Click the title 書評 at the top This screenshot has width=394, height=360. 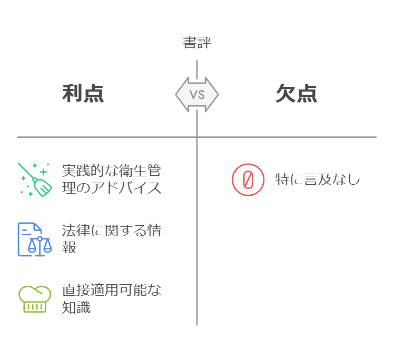tap(196, 43)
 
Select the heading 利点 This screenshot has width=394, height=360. tap(83, 94)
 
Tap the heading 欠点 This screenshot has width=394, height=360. tap(296, 94)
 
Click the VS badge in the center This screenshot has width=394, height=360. tap(197, 94)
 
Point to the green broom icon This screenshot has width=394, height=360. tap(35, 179)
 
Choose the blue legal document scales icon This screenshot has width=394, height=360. tap(35, 239)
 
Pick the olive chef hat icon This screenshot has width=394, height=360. tap(35, 298)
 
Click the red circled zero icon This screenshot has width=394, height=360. tap(248, 179)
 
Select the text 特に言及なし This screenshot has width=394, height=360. tap(317, 179)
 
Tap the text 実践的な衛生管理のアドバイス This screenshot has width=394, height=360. tap(111, 179)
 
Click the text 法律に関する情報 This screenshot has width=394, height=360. tap(111, 239)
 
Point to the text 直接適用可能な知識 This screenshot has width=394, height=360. tap(111, 298)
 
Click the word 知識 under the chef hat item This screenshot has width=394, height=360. tap(76, 307)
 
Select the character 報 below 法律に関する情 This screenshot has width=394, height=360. tap(69, 248)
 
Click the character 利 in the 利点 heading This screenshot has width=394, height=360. tap(72, 94)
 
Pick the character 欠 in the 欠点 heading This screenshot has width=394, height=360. tap(285, 94)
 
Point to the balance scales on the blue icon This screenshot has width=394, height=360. tap(40, 246)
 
